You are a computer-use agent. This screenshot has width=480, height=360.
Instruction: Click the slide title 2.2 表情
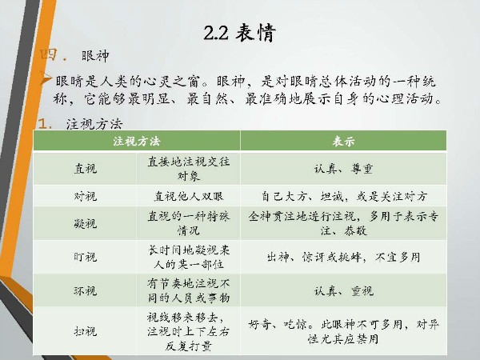point(240,32)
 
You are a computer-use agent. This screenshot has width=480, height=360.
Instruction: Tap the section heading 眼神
point(95,56)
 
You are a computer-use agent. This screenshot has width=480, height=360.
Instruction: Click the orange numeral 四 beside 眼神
point(48,55)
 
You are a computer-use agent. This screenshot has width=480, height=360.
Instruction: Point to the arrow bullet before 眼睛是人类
point(46,79)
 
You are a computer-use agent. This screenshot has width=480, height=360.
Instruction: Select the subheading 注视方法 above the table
point(94,124)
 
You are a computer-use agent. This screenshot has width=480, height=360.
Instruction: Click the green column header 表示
point(343,141)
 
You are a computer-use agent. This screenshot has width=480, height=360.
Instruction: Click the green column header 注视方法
point(137,141)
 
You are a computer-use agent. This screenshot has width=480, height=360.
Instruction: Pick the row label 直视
point(86,168)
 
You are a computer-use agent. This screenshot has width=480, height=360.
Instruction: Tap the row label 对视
point(86,196)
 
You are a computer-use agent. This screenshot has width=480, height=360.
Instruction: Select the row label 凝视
point(86,223)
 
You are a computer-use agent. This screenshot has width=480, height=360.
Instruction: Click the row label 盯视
point(86,257)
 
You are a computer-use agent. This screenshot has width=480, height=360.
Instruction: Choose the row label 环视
point(86,290)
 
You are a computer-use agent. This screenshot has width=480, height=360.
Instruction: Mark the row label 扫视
point(86,331)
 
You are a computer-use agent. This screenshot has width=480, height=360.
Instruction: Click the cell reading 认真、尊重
point(343,169)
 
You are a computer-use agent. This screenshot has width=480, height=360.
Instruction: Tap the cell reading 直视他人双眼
point(189,196)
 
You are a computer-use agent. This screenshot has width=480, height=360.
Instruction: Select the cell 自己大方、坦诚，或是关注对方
point(343,196)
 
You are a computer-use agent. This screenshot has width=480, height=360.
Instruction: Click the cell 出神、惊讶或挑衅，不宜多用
point(343,257)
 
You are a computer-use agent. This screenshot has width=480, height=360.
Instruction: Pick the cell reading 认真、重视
point(343,290)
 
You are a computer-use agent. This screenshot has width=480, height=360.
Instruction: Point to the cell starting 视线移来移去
point(188,331)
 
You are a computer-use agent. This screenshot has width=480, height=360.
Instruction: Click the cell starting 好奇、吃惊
point(343,331)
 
